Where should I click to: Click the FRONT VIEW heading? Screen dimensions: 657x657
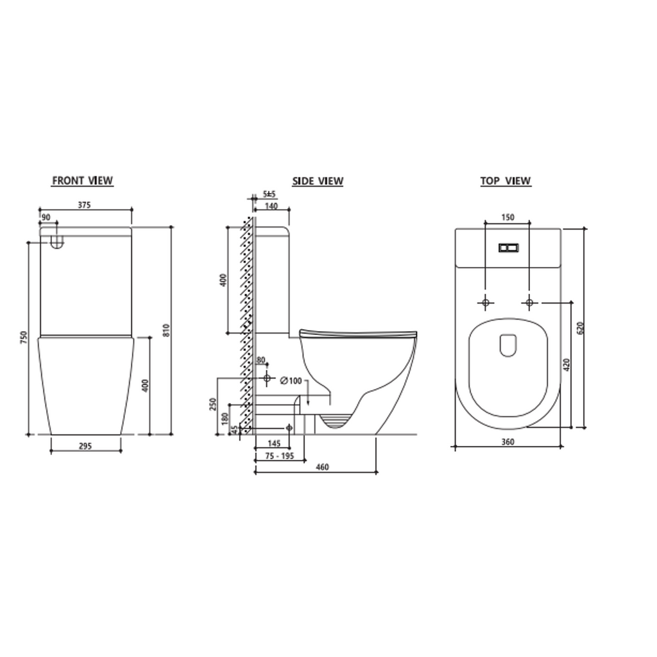[83, 180]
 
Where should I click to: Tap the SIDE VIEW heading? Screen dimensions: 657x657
[318, 181]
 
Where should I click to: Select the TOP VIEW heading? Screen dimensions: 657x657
[506, 181]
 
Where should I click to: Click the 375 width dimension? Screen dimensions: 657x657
[84, 205]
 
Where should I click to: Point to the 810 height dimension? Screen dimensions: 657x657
[166, 330]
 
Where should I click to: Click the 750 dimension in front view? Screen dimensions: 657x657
[24, 338]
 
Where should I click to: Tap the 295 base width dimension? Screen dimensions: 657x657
[85, 447]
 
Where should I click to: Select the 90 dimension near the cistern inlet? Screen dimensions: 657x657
[46, 218]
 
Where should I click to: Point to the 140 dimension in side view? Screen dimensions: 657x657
[271, 206]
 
